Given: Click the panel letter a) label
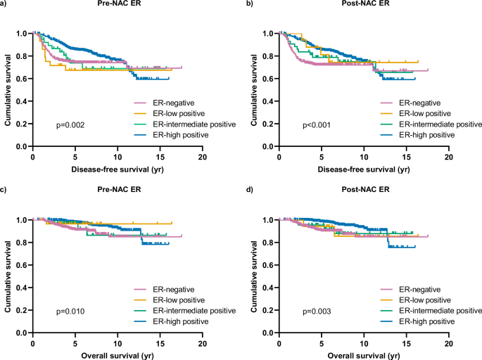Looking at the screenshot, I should [6, 6].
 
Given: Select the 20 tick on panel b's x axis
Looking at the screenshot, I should [448, 157].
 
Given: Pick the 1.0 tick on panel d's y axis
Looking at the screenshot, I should [269, 219].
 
